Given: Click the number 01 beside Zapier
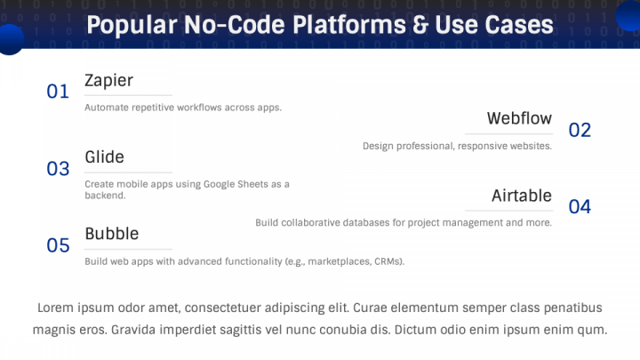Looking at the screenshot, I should [58, 92].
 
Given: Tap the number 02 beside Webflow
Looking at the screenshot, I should [580, 131].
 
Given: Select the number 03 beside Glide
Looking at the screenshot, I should [58, 169].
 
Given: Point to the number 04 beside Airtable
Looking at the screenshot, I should [580, 207].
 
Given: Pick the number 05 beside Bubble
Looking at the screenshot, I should [58, 245].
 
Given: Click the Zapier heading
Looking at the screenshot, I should [108, 81].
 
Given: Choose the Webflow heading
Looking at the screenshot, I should [519, 118].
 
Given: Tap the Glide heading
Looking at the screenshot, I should [104, 157].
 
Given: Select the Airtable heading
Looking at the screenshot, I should [522, 196].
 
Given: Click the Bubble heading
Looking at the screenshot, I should [112, 234].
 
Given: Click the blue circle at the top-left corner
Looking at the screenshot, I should [9, 39].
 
